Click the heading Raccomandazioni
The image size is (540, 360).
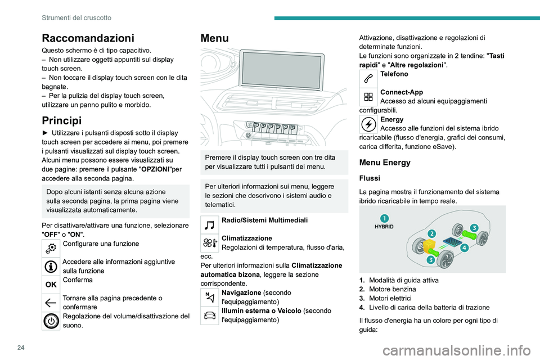point(88,38)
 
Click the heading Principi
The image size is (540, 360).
point(62,120)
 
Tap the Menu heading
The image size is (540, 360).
point(214,38)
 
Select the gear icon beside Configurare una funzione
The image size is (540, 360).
point(51,247)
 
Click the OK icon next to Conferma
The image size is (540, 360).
point(51,284)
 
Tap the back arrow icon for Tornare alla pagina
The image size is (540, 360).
point(51,302)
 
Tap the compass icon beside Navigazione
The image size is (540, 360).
point(210,298)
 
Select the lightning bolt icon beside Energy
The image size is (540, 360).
point(369,124)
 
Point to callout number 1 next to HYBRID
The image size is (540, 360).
point(383,218)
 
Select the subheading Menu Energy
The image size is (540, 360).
point(388,163)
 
